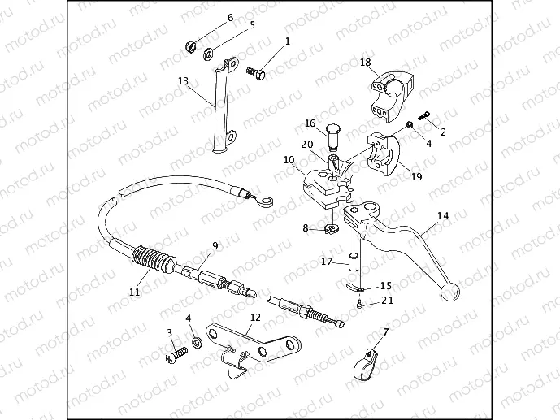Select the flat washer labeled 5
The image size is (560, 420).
208,55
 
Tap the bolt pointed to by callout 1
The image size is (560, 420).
256,73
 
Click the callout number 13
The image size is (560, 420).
183,81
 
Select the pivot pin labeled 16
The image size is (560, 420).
333,136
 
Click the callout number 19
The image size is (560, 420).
416,176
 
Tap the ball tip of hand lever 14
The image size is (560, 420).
449,292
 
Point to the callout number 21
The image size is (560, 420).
387,301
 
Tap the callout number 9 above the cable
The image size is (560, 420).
215,245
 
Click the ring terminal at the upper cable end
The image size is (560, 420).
265,203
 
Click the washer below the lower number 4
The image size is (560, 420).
196,343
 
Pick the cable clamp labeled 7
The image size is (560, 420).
365,364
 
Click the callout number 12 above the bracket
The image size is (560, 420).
255,317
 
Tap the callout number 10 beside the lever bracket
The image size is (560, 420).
289,160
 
